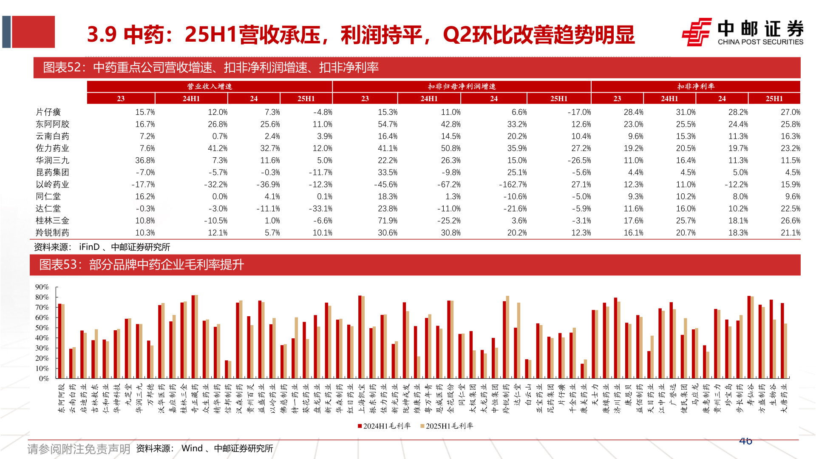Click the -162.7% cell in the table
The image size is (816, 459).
tap(513, 184)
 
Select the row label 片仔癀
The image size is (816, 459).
tap(48, 112)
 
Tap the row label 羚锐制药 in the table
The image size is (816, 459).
tap(52, 232)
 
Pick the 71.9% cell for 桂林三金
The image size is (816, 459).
tap(387, 221)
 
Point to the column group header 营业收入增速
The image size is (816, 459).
tap(210, 86)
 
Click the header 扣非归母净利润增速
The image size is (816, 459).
tap(462, 86)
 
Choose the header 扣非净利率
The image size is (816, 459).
tap(696, 86)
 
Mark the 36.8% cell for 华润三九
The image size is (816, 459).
tap(145, 160)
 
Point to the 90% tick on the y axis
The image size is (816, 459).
tap(42, 287)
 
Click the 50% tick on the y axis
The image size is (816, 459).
tap(42, 328)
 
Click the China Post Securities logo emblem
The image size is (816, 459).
tap(697, 32)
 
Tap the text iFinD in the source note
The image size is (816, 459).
tap(89, 247)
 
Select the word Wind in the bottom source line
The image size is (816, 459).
tap(192, 448)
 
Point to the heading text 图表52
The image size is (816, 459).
tap(62, 67)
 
